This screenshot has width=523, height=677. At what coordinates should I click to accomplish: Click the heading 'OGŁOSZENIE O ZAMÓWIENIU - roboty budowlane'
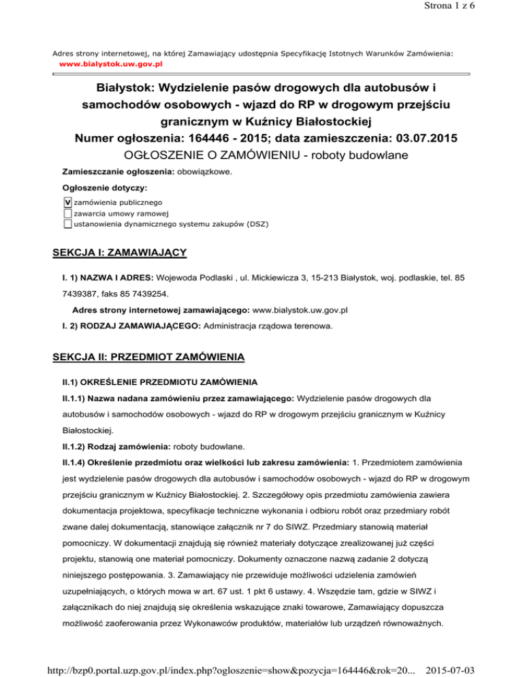(x=261, y=157)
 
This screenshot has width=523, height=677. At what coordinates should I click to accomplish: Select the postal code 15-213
(x=336, y=278)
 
